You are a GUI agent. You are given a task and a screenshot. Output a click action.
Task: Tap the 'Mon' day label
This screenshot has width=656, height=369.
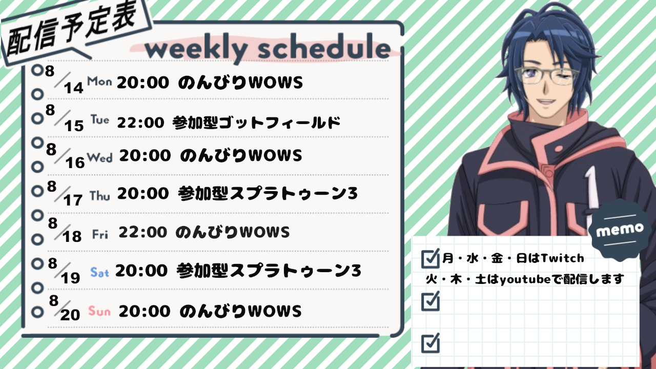[x=99, y=81]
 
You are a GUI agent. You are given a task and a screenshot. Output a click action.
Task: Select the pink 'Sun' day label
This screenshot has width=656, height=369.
[x=99, y=311]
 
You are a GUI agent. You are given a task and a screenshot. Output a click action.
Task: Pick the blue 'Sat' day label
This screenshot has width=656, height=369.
[x=99, y=272]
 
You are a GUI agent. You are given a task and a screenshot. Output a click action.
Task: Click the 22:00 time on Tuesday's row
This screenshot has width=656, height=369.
[x=140, y=122]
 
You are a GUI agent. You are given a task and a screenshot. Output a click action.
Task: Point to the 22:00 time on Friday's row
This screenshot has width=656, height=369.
[x=142, y=232]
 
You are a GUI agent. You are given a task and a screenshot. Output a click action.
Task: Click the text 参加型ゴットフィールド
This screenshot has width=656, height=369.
[x=257, y=122]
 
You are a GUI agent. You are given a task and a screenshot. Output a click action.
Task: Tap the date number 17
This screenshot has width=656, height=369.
[x=73, y=200]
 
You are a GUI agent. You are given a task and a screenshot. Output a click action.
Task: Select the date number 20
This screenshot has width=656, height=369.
[x=70, y=315]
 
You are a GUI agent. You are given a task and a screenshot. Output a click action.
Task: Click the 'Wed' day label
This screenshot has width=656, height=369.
[x=99, y=157]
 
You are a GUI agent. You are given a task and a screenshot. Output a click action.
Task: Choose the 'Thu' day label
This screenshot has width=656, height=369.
[x=100, y=196]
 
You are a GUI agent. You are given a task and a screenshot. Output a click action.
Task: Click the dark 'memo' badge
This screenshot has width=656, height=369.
[x=620, y=231]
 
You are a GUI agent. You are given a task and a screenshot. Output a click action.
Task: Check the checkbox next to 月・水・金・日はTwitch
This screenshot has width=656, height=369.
[x=430, y=259]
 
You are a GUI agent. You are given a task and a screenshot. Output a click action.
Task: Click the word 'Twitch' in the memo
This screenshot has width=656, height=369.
[x=562, y=258]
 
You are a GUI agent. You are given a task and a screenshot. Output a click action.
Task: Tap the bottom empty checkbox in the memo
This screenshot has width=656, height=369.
[x=430, y=343]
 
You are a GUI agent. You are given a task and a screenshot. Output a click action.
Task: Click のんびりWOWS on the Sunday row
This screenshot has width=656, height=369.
[x=240, y=311]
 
